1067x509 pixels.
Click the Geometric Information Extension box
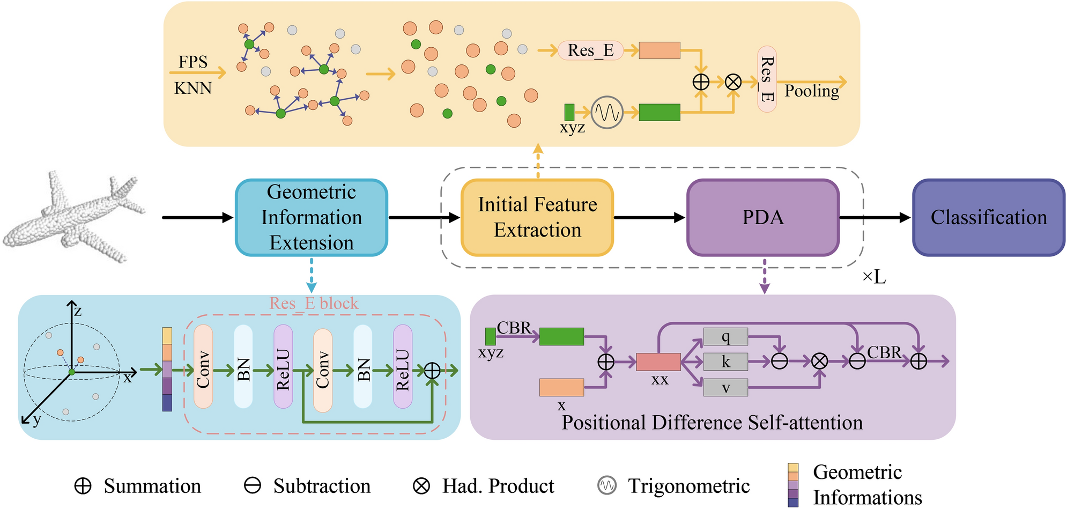[312, 217]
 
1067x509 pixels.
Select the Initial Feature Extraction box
[537, 217]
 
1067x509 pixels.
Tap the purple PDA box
[763, 217]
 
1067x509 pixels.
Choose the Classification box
[989, 217]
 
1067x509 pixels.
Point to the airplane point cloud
[72, 217]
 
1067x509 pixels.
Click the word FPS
[193, 62]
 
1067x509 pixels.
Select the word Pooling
[812, 91]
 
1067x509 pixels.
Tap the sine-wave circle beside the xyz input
[607, 113]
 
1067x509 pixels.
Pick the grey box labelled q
[725, 337]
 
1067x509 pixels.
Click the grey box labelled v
[725, 387]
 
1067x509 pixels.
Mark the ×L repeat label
[874, 277]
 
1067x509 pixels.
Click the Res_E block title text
[314, 304]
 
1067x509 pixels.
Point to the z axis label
[78, 311]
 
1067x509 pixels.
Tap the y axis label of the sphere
[36, 419]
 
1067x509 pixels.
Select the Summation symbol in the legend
[83, 486]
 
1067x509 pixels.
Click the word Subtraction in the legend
[322, 486]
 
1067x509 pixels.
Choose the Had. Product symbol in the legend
[421, 486]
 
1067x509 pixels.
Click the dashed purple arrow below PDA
[765, 277]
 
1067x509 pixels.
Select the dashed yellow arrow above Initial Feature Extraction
[538, 161]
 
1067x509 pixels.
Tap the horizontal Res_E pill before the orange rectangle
[590, 50]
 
